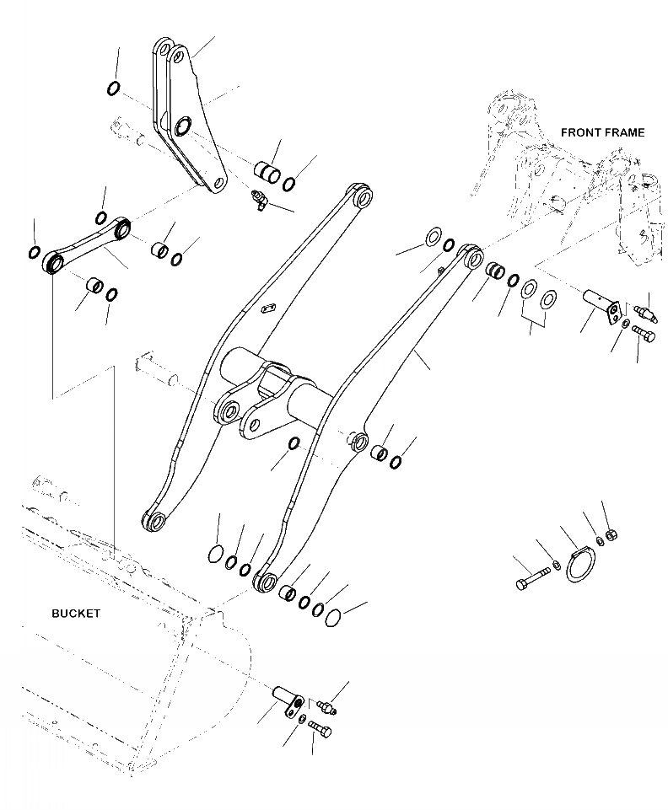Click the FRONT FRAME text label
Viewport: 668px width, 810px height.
pyautogui.click(x=602, y=132)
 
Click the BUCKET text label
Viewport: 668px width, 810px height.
pyautogui.click(x=75, y=614)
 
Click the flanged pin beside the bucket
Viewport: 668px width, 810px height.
pyautogui.click(x=288, y=700)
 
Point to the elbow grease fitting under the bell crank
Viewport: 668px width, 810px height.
pyautogui.click(x=256, y=199)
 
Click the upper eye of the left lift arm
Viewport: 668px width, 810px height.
pyautogui.click(x=364, y=198)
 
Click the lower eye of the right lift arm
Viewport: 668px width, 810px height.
pyautogui.click(x=267, y=581)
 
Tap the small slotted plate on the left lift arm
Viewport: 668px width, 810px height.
pyautogui.click(x=268, y=309)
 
